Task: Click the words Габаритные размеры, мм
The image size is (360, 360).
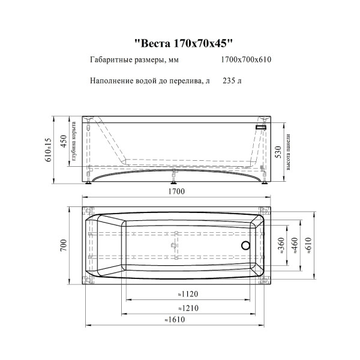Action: point(134,60)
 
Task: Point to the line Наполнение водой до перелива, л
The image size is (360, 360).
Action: point(150,80)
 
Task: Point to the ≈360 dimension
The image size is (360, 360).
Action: point(281,245)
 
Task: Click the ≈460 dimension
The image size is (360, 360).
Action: point(295,245)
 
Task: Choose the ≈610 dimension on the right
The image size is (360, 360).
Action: point(309,245)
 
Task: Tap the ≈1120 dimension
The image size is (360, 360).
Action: point(188,294)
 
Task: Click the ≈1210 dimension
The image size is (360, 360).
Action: point(188,308)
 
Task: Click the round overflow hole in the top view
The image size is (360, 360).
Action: point(245,245)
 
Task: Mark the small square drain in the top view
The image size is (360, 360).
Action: point(175,245)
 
